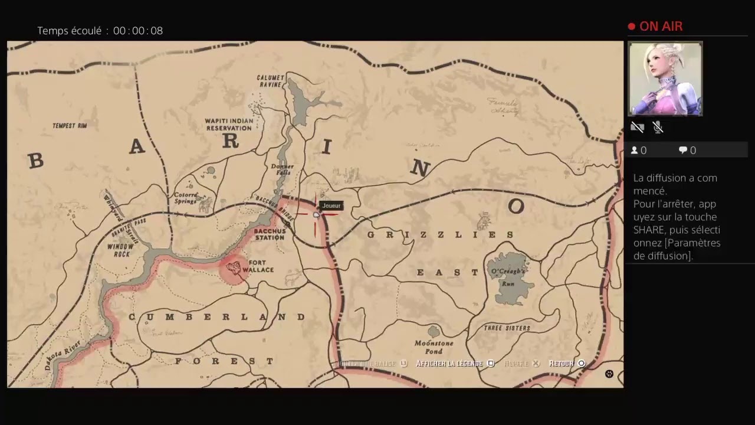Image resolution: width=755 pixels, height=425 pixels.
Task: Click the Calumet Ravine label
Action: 271,81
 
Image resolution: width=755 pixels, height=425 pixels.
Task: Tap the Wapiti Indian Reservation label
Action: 229,125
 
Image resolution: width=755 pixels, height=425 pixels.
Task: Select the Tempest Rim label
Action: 70,126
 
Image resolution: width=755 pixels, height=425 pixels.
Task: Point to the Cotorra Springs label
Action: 185,198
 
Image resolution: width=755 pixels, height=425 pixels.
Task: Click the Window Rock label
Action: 119,250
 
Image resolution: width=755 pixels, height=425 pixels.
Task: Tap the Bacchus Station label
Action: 270,234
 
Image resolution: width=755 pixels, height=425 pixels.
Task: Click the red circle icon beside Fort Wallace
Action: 235,269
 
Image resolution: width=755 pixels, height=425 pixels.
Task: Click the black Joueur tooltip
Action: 331,205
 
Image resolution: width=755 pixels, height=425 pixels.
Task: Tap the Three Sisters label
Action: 507,328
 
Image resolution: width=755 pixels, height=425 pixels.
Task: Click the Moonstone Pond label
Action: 434,347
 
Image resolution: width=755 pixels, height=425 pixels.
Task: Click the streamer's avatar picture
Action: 665,79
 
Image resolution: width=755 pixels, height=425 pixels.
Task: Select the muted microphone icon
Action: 658,127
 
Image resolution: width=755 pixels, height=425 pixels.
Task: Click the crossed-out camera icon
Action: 637,127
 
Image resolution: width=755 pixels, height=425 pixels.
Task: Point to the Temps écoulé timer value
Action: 138,31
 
